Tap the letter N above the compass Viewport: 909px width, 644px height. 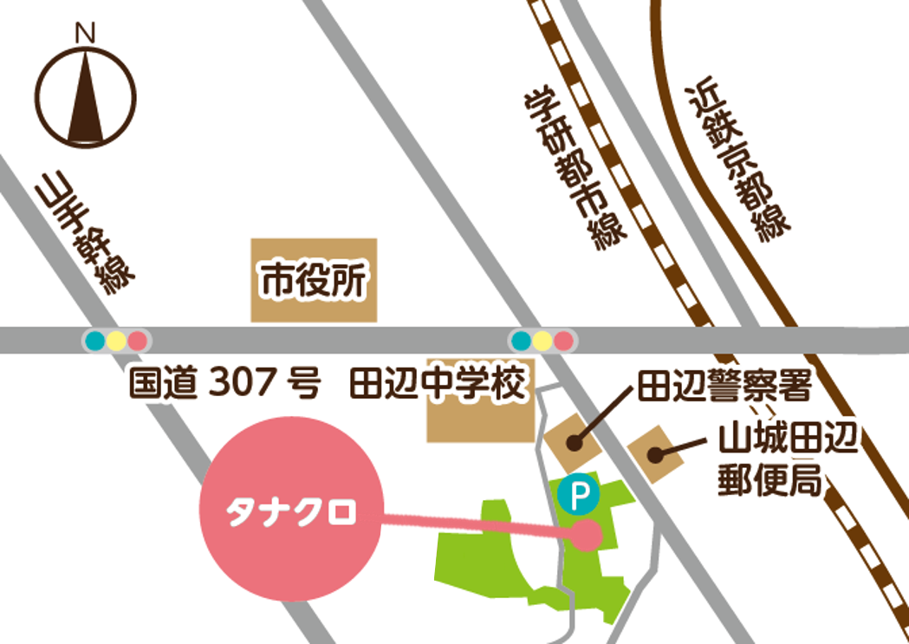[x=85, y=34]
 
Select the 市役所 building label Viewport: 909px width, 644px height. [x=315, y=281]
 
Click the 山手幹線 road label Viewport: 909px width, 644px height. [x=82, y=233]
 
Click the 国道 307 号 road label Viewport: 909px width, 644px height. [x=224, y=383]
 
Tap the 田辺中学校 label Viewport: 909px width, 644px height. [x=438, y=383]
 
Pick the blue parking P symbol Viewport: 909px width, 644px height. [x=578, y=495]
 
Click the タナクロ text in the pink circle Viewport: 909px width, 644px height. [x=290, y=512]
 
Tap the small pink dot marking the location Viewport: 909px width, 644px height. [x=587, y=534]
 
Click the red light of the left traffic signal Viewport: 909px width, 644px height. [x=137, y=340]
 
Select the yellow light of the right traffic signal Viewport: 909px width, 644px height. [x=542, y=340]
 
